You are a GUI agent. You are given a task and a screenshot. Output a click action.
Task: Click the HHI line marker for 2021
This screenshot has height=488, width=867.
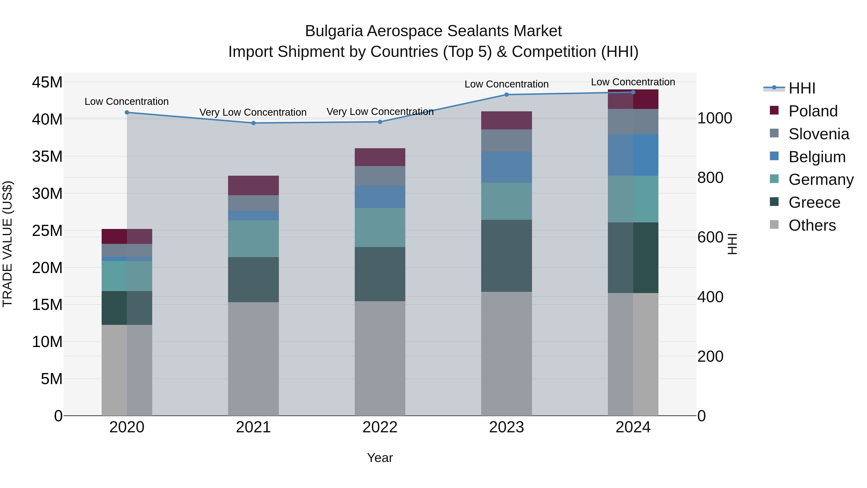[x=253, y=123]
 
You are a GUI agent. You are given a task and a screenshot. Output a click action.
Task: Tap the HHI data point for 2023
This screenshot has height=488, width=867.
[x=506, y=95]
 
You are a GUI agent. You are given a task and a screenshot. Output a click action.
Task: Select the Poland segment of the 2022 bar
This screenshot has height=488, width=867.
[x=380, y=157]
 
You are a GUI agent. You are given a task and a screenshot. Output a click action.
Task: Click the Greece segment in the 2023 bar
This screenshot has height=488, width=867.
[x=506, y=256]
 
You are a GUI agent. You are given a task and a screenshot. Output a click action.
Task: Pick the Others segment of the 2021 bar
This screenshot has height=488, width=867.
[x=253, y=359]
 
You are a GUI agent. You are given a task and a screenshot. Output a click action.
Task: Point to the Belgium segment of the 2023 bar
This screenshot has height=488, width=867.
[x=506, y=167]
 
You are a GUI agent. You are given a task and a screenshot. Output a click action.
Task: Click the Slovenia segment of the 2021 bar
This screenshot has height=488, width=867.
[x=253, y=203]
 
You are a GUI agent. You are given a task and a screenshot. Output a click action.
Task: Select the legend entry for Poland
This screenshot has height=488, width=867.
[x=813, y=111]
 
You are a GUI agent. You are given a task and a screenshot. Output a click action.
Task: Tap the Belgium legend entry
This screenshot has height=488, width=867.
[x=817, y=157]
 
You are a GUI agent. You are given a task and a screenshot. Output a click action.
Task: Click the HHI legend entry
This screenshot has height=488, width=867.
[x=802, y=88]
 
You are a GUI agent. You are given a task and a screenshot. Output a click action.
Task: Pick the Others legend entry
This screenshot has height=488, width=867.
[x=812, y=225]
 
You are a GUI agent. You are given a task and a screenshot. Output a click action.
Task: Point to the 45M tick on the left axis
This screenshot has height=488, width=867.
[x=47, y=82]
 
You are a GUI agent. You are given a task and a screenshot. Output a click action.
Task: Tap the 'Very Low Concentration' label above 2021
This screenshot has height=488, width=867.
[x=253, y=112]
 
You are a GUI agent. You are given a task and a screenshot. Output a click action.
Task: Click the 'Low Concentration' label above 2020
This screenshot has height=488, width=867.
[x=126, y=101]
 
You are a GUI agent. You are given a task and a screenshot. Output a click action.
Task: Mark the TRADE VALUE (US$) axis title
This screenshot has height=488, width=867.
[x=7, y=244]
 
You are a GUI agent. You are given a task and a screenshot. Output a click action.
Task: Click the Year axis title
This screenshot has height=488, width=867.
[x=380, y=458]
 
